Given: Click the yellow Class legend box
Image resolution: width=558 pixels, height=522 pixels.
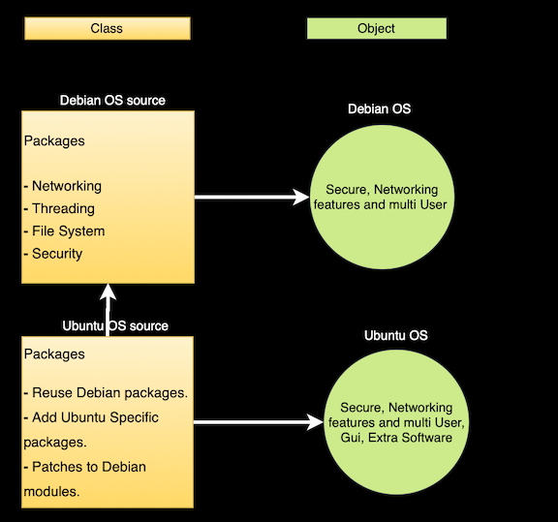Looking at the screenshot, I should [x=107, y=29].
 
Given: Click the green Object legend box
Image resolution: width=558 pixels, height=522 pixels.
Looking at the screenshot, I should [x=376, y=29].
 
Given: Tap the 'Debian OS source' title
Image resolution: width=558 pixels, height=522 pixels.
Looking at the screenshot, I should [x=112, y=101].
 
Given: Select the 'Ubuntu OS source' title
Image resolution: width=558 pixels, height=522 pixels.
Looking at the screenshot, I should [x=115, y=325].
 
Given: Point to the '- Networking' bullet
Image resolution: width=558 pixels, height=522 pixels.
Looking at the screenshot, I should [x=63, y=186].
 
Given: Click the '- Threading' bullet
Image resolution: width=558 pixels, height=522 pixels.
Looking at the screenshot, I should [x=60, y=208].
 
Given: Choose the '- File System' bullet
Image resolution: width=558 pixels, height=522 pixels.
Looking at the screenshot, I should [x=64, y=230].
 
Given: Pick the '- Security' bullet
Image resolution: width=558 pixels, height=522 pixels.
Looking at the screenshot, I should [x=53, y=254].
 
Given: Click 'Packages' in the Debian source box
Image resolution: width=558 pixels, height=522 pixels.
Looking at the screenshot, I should [x=54, y=140].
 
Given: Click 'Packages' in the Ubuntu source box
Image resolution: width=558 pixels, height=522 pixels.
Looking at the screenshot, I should [x=54, y=353].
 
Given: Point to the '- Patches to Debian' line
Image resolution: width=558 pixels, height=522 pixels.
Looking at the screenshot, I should [x=85, y=467].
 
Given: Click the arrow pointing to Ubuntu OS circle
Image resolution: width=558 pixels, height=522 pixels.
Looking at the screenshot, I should [x=258, y=422].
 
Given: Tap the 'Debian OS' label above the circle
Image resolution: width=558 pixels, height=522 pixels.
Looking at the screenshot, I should [x=379, y=108].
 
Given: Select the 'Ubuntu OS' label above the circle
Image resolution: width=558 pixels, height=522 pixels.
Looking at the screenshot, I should [x=395, y=335].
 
